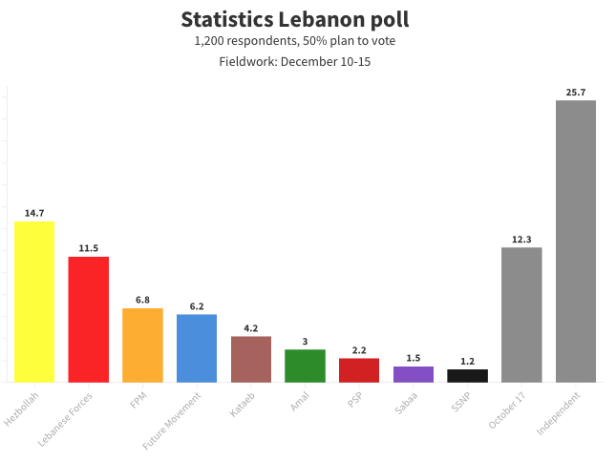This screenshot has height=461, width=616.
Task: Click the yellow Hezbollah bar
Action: coord(34,302)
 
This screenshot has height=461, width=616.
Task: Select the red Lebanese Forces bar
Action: coord(88,320)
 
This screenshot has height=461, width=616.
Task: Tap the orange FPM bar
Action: coord(142,346)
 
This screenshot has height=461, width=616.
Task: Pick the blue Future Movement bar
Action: coord(197,348)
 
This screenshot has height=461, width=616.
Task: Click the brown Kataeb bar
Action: coord(251,359)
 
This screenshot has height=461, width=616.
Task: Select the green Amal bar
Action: coord(305,366)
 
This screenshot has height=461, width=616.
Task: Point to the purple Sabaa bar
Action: coord(414,374)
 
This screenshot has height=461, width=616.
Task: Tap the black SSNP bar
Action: coord(467,376)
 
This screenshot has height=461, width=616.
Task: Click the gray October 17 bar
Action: coord(521,315)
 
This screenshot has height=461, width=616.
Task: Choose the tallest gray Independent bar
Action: coord(576,241)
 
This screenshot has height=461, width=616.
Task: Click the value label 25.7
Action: coord(576,92)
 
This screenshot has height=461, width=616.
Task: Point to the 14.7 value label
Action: coord(34,213)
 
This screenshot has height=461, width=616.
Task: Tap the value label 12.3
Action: coord(521,240)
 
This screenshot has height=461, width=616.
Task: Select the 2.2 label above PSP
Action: coord(359,350)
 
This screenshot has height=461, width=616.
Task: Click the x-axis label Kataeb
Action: coord(243,402)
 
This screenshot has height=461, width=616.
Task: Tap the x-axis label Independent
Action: coord(557,412)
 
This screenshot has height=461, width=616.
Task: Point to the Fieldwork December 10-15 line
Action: coord(294,62)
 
